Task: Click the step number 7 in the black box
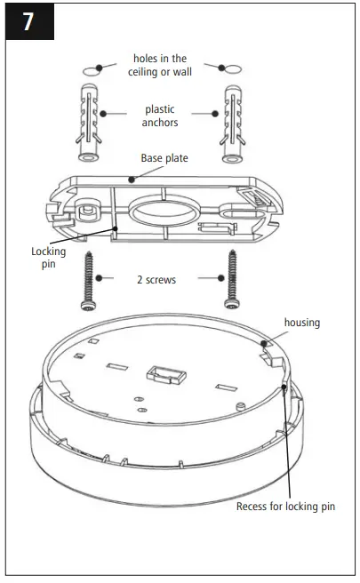click(x=28, y=21)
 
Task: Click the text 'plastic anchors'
click(x=160, y=116)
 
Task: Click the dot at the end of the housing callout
click(x=264, y=341)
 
